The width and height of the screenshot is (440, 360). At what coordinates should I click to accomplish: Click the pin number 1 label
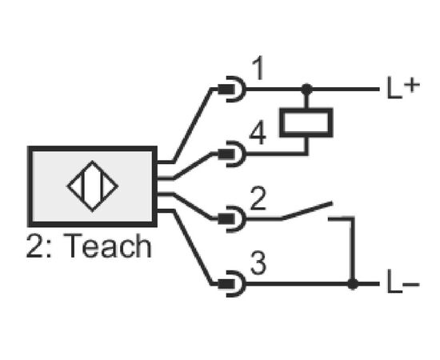[258, 68]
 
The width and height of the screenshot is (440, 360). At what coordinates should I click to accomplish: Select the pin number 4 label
[258, 133]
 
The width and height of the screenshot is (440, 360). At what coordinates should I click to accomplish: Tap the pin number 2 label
[258, 198]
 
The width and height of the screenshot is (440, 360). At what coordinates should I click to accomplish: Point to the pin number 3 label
[258, 263]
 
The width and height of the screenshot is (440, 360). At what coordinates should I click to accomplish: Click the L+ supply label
[403, 87]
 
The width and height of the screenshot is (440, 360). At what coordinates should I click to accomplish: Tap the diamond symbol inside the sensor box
[93, 186]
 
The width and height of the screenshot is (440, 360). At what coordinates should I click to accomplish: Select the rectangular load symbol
[306, 122]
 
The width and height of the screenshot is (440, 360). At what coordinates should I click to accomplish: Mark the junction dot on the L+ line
[306, 90]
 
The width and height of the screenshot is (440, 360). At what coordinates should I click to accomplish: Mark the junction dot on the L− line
[353, 284]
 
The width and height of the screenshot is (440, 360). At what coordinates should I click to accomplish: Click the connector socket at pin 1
[232, 90]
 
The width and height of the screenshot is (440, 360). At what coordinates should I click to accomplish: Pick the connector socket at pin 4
[232, 154]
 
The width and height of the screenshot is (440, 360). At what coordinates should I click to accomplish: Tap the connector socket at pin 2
[232, 219]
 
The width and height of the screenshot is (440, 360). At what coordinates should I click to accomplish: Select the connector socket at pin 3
[232, 284]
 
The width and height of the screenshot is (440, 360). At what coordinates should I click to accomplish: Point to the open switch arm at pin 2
[307, 210]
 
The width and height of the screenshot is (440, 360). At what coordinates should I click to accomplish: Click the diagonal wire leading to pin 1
[193, 125]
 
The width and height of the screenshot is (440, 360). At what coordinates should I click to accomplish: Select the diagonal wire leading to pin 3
[193, 247]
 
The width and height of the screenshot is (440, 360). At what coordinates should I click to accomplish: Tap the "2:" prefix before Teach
[39, 246]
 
